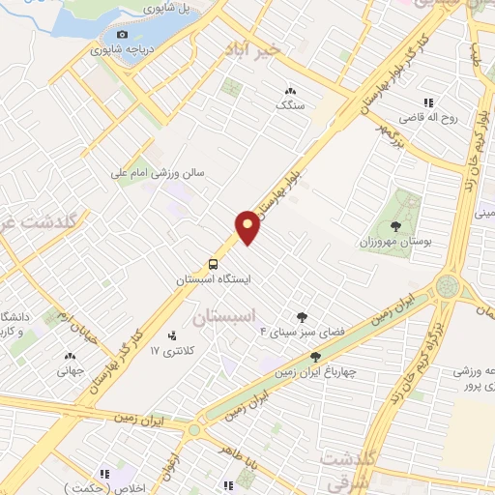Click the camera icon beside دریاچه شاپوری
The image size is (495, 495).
point(123,35)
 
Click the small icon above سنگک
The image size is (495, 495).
point(289,90)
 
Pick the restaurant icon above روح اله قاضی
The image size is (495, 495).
point(425,103)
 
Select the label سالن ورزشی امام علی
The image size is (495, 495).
point(170,175)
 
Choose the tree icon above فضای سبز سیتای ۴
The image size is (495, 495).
point(302,316)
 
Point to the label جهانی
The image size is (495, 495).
point(69,368)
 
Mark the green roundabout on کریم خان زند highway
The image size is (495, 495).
point(448,285)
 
